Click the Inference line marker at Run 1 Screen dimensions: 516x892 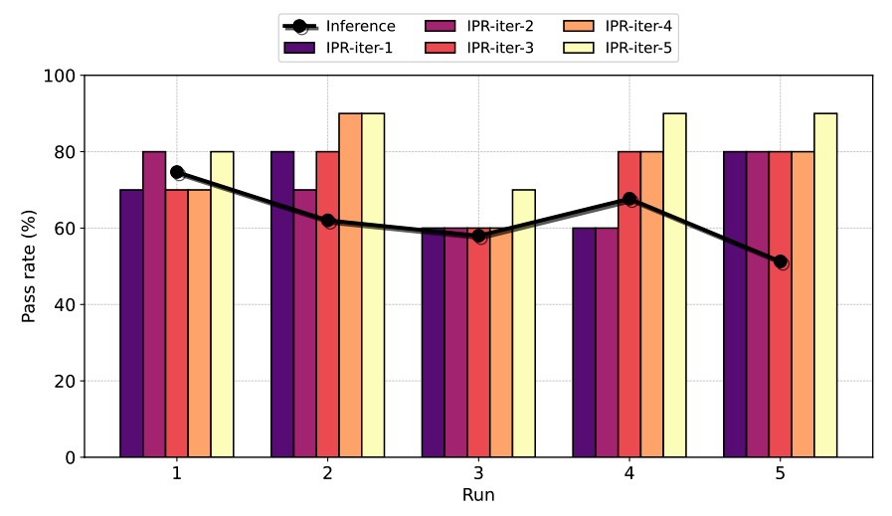pos(177,172)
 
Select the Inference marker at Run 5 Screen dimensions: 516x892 pos(781,261)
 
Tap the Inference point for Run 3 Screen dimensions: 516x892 pos(479,236)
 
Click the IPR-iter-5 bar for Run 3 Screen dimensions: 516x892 pos(524,323)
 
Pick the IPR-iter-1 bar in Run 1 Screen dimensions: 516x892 pos(131,323)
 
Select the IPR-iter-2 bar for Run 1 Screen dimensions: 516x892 pos(154,304)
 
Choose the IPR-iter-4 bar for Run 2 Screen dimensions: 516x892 pos(350,285)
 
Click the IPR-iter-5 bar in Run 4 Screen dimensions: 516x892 pos(675,285)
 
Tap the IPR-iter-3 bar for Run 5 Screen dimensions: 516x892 pos(781,304)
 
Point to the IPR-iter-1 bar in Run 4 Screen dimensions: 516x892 pos(585,342)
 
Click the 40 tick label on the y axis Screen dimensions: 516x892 pos(64,305)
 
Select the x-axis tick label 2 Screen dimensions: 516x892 pos(328,474)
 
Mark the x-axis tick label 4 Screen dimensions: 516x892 pos(629,474)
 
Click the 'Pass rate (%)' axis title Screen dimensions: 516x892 pos(30,266)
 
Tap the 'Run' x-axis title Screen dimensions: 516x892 pos(478,495)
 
